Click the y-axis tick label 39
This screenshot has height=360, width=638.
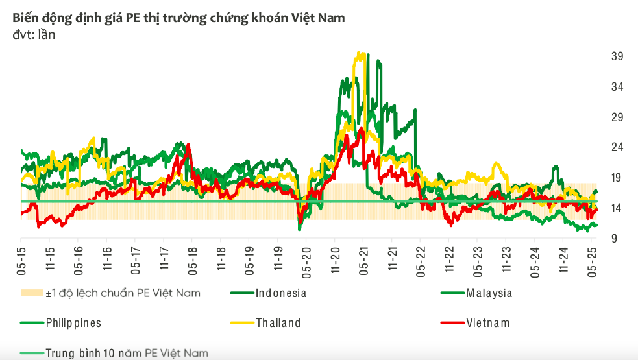(617, 56)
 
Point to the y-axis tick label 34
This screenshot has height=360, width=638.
(617, 87)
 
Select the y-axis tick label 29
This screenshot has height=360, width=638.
(617, 117)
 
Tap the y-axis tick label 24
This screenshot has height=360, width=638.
(617, 147)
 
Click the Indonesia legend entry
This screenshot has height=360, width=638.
(280, 293)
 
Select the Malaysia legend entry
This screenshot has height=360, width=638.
(489, 293)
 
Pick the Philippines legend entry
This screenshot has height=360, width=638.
(73, 322)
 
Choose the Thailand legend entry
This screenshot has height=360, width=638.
(278, 322)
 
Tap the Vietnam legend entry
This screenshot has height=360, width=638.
(487, 322)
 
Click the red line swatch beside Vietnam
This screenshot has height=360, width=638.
(450, 322)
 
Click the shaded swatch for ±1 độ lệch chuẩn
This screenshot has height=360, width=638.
(31, 293)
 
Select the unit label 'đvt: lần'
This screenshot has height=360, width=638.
(34, 35)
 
